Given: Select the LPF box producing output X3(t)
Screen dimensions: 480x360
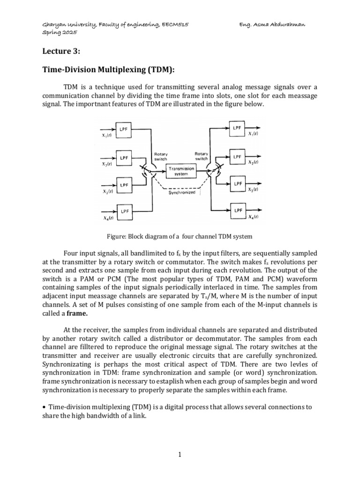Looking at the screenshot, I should pyautogui.click(x=237, y=184).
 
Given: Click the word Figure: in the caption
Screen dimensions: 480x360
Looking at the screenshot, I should pyautogui.click(x=117, y=235).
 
